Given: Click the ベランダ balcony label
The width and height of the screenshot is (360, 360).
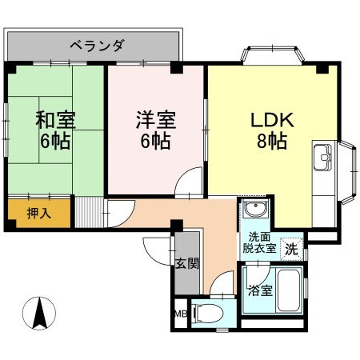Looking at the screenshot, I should coord(97,46).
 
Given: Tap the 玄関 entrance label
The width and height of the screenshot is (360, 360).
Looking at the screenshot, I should coord(186,263).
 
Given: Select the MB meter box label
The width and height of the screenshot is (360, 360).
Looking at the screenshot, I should coord(180,314).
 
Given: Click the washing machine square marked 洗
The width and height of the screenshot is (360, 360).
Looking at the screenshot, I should coord(292,247).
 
